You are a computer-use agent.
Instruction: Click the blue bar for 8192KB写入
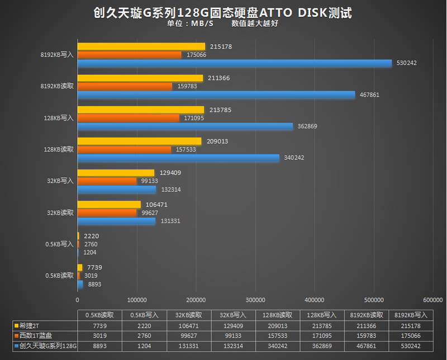tap(235, 64)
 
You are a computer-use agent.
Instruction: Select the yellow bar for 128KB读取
tap(139, 141)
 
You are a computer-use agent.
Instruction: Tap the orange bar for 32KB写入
tap(107, 181)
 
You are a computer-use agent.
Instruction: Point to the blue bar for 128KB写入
tap(185, 126)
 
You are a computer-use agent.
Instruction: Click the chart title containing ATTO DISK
tap(223, 13)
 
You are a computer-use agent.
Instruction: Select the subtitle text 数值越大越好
tap(259, 23)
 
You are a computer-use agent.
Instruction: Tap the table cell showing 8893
tap(100, 347)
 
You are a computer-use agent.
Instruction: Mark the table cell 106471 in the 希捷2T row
tap(189, 325)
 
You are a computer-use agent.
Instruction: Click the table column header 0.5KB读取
tap(100, 315)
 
